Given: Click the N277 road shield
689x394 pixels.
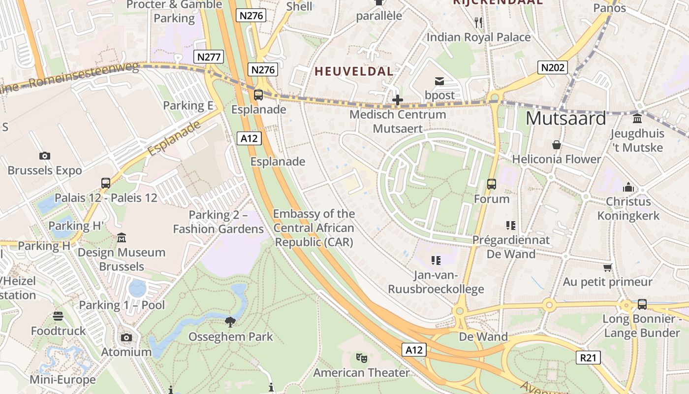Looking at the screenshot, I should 209,57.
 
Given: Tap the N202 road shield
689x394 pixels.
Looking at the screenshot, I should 552,67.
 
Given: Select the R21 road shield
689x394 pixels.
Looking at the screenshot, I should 588,357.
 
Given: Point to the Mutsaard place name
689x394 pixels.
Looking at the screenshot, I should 566,119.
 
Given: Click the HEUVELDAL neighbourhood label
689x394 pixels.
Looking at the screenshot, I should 354,71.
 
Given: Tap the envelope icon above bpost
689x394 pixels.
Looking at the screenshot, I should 439,81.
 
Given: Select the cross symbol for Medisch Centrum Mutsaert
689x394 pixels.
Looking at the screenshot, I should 397,100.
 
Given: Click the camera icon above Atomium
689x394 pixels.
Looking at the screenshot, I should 126,338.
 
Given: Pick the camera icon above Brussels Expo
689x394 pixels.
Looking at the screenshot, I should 45,156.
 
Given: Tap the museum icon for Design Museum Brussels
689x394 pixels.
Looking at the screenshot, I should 121,238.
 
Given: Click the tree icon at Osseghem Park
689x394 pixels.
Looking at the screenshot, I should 230,323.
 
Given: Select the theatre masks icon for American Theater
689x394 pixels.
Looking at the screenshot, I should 361,358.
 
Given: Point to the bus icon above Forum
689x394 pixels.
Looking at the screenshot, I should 491,184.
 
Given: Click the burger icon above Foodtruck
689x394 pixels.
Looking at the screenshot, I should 58,316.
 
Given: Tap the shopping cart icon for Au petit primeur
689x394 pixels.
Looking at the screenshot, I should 607,267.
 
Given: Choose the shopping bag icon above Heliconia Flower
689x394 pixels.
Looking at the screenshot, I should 556,145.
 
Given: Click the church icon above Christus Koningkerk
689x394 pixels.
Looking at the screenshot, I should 628,187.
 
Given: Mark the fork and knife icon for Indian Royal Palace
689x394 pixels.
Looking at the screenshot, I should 478,22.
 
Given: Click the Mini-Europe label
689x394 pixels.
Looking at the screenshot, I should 63,380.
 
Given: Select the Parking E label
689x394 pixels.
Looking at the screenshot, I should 188,105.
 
